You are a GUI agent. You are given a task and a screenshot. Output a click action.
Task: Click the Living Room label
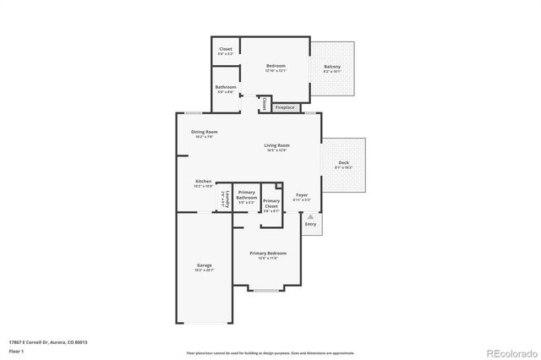pos(276,146)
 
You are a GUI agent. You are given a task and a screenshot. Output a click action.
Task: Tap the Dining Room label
pos(204,132)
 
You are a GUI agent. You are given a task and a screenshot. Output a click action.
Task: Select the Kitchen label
pos(203,182)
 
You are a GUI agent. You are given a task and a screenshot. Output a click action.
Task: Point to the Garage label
pos(205,265)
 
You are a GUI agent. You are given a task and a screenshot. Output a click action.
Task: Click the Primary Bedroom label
pos(267,254)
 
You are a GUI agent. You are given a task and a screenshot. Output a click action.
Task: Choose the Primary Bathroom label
pos(246,194)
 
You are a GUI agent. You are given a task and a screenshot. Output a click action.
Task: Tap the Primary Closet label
pos(270,203)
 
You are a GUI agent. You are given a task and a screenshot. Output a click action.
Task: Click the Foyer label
pos(302,195)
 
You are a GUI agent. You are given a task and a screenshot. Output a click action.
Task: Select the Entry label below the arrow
pos(310,224)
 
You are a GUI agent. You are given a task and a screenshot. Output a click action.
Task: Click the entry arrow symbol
pos(310,216)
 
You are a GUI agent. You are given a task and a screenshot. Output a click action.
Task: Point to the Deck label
pos(343,162)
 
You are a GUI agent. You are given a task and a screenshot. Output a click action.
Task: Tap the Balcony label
pos(332,68)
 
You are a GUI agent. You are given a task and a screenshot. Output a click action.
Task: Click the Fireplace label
pos(285,107)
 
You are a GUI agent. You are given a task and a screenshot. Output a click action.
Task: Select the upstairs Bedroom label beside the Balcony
pos(276,66)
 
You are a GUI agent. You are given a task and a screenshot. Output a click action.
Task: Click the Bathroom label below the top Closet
pos(225,87)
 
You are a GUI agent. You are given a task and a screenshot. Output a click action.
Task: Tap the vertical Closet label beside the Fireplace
pos(264,104)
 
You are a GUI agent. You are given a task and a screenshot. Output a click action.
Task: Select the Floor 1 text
pos(17,352)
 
